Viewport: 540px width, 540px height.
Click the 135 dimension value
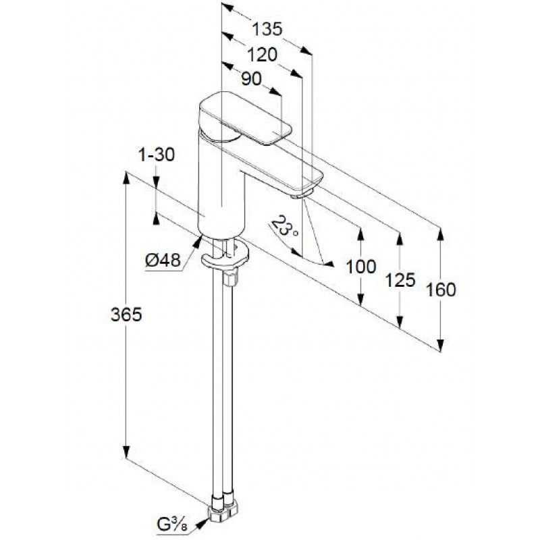pyautogui.click(x=267, y=29)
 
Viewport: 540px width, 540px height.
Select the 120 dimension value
pyautogui.click(x=263, y=55)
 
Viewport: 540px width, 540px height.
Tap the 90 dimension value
pyautogui.click(x=251, y=79)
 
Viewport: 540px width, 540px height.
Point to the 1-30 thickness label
pyautogui.click(x=157, y=155)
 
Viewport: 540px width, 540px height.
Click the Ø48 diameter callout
pyautogui.click(x=163, y=260)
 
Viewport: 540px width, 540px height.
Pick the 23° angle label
pyautogui.click(x=284, y=226)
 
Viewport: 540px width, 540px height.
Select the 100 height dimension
pyautogui.click(x=360, y=267)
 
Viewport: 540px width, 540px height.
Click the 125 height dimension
pyautogui.click(x=400, y=280)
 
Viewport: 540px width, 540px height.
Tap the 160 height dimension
pyautogui.click(x=441, y=290)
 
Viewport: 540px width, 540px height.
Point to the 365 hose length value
pyautogui.click(x=126, y=315)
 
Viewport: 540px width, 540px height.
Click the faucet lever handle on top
pyautogui.click(x=245, y=117)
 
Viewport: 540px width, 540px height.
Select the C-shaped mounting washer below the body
pyautogui.click(x=225, y=257)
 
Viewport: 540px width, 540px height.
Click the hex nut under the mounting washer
pyautogui.click(x=231, y=278)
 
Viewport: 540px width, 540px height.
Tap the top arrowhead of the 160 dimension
pyautogui.click(x=441, y=234)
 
